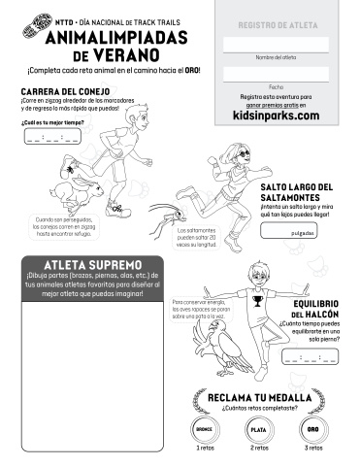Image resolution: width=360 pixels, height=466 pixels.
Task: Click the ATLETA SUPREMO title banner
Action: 93,264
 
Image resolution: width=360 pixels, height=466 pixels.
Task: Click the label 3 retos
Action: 312,449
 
